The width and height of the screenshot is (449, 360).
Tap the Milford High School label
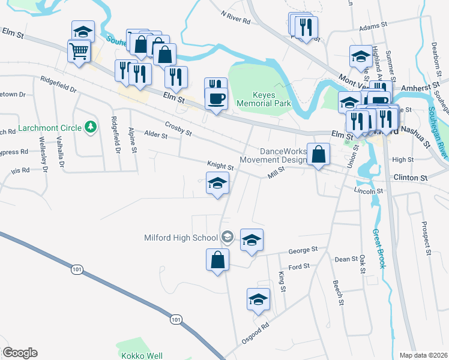coord(181,238)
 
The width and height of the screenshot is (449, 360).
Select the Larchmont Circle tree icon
coord(91,127)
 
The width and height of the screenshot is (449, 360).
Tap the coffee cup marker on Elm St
coord(217,99)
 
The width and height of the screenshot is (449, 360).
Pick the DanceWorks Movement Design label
coord(273,156)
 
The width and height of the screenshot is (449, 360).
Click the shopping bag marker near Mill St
coord(319,155)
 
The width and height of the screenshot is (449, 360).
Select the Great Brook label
coord(378,249)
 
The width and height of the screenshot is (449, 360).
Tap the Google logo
coord(20,353)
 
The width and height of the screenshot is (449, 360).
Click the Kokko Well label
coord(142,355)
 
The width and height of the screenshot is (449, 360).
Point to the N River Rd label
coord(235,16)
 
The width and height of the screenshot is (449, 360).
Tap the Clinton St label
coord(411,178)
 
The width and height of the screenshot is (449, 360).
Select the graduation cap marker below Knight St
coord(217,184)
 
